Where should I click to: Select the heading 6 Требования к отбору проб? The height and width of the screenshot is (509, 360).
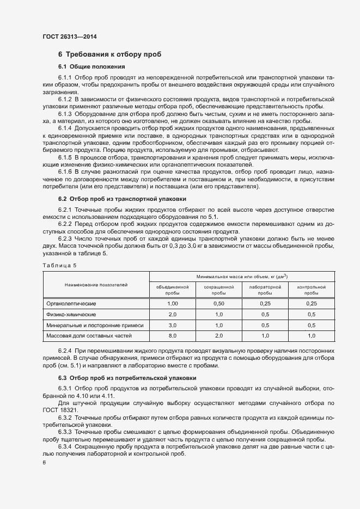109,54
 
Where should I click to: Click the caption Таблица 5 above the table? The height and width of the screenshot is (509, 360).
59,265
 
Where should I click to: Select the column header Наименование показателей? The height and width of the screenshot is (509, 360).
96,285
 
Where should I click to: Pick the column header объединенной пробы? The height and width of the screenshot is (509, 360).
172,289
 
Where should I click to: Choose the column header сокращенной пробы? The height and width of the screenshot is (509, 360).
219,289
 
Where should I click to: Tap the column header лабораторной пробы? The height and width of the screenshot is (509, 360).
265,289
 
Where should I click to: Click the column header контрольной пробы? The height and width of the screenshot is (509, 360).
312,289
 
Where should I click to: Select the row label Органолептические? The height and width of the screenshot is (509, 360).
71,303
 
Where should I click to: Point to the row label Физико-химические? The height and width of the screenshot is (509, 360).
71,315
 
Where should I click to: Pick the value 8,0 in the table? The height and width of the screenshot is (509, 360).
173,336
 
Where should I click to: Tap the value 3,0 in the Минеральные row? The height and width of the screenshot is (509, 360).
173,326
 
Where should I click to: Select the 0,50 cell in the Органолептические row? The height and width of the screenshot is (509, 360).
219,303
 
